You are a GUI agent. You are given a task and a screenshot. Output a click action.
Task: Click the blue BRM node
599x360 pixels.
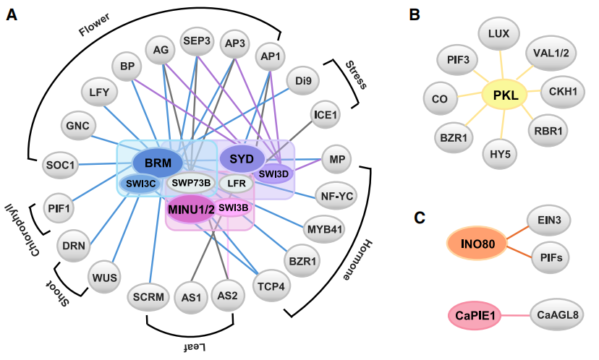pyautogui.click(x=157, y=164)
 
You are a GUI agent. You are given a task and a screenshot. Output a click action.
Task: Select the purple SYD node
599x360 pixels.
pyautogui.click(x=242, y=158)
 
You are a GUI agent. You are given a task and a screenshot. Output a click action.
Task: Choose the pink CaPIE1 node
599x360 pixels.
pyautogui.click(x=475, y=315)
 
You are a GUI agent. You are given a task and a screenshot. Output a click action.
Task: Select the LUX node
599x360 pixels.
pyautogui.click(x=499, y=33)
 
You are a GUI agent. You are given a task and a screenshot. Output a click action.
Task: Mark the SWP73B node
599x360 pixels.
pyautogui.click(x=190, y=182)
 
